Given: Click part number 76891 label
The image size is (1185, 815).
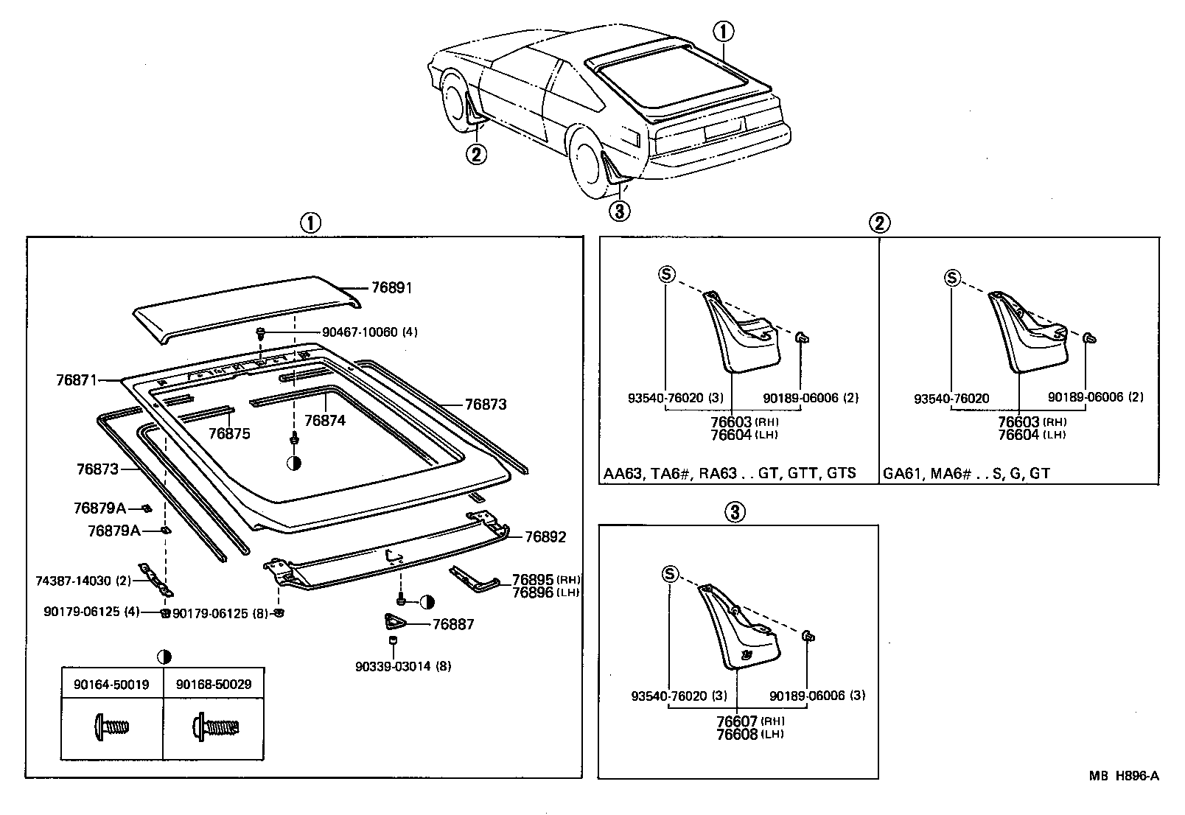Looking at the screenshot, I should pyautogui.click(x=391, y=288).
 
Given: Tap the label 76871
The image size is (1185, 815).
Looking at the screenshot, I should pyautogui.click(x=77, y=380).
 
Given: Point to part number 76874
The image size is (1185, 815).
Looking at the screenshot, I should pyautogui.click(x=324, y=420).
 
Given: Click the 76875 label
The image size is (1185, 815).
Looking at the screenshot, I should pyautogui.click(x=229, y=434).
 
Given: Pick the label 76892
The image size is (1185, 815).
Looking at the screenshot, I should pyautogui.click(x=545, y=537).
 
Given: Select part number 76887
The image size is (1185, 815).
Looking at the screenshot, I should pyautogui.click(x=453, y=625).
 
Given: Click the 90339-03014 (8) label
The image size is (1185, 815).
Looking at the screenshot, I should pyautogui.click(x=402, y=667).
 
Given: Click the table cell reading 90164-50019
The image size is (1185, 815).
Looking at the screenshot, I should pyautogui.click(x=111, y=685).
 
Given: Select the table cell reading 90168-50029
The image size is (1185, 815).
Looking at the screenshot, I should pyautogui.click(x=214, y=685).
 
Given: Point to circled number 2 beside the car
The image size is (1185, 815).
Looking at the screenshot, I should pyautogui.click(x=477, y=155).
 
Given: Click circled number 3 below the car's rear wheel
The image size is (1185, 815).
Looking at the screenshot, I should pyautogui.click(x=619, y=211).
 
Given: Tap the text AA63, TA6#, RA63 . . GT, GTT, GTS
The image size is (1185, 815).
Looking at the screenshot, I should pyautogui.click(x=730, y=473).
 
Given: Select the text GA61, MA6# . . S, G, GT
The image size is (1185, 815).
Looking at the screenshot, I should pyautogui.click(x=966, y=473).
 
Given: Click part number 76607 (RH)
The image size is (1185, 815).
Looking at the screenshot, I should pyautogui.click(x=747, y=721).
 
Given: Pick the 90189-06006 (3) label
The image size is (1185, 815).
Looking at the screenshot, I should pyautogui.click(x=817, y=696).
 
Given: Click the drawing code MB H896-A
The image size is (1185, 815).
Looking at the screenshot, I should pyautogui.click(x=1125, y=775).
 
